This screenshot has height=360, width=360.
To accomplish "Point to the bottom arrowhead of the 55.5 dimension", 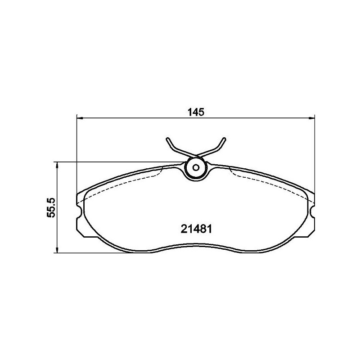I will coord(57,251).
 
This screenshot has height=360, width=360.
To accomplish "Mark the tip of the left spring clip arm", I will coord(167,138).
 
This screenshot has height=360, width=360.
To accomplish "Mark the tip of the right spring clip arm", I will coord(224,138).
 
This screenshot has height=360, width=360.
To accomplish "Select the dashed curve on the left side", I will coord(121,180).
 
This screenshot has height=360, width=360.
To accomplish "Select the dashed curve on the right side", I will coord(270,180).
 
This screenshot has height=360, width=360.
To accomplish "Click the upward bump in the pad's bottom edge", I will coord(196,246).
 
